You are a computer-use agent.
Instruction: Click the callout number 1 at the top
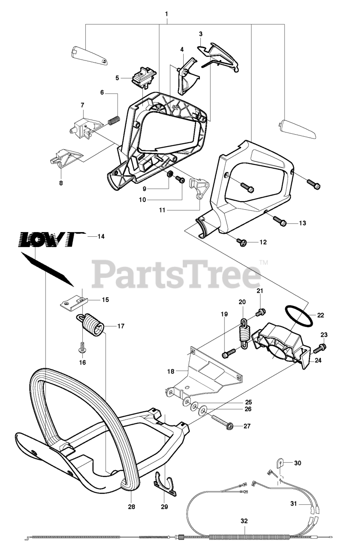(x=166, y=14)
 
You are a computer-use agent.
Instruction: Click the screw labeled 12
(x=241, y=243)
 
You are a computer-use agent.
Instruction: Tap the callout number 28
(x=131, y=507)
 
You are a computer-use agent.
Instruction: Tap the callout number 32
(x=244, y=522)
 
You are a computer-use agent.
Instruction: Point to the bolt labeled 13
(x=279, y=222)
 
